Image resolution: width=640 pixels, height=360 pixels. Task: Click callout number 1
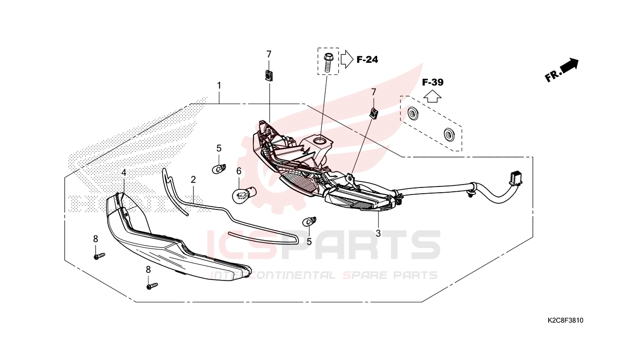tap(219, 85)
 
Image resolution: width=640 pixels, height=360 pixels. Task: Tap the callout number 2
tap(193, 180)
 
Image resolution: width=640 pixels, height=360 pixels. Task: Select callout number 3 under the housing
tap(378, 233)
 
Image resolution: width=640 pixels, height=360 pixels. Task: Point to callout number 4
tap(124, 172)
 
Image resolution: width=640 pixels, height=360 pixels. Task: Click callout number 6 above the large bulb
tap(239, 171)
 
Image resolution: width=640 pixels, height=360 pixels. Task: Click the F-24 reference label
tap(367, 60)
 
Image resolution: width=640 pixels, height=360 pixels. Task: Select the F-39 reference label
tap(433, 82)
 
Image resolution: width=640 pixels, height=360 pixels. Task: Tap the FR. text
tap(552, 76)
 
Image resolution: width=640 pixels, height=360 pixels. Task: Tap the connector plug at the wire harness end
tap(515, 177)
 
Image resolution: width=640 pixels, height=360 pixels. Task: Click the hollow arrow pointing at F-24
tap(347, 60)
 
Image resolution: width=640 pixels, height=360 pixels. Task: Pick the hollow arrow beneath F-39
tap(432, 96)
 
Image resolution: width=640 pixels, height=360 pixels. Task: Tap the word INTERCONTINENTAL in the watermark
tap(273, 275)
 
